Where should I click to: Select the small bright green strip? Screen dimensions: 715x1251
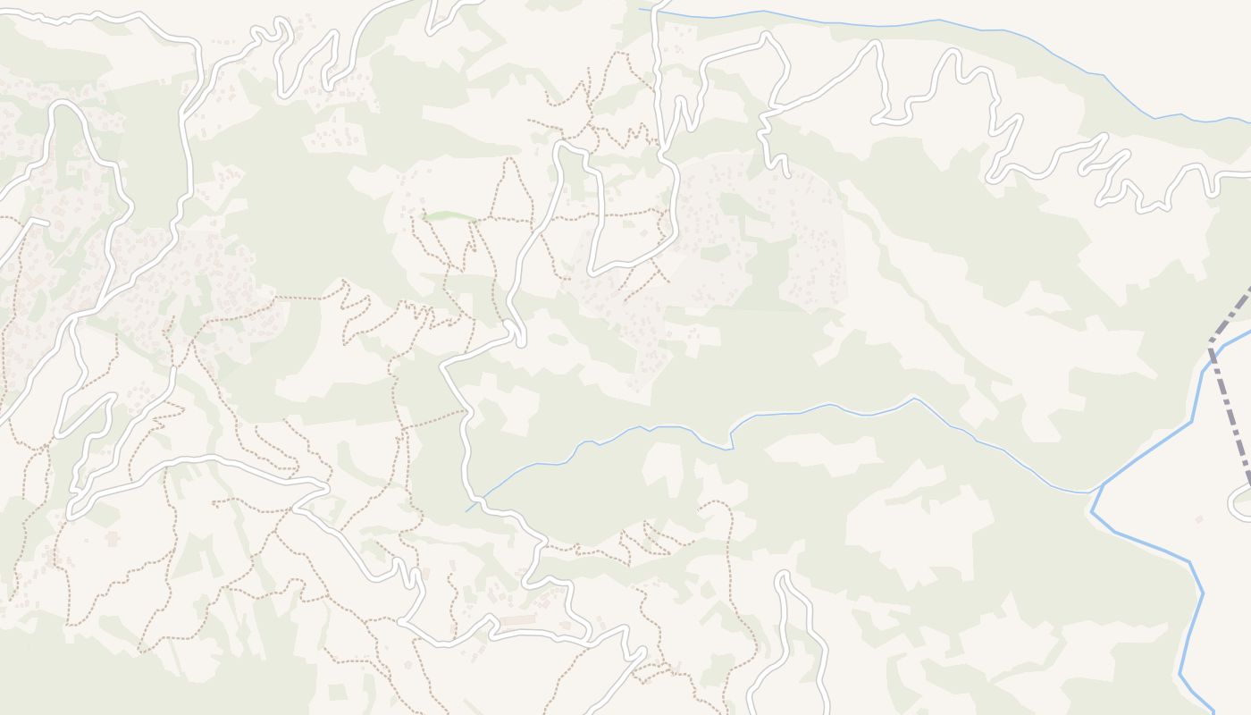coord(449,215)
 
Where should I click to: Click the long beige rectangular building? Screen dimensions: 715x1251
coord(518,619)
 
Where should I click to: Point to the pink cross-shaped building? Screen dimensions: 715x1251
coord(112,538)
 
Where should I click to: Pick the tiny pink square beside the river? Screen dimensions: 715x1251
coord(1199,519)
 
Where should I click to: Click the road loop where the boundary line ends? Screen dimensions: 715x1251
coord(1242,504)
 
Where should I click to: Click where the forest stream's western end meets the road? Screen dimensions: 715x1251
coord(467,509)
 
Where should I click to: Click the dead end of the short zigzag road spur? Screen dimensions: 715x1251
coord(785,172)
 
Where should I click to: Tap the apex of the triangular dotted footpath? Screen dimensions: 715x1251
coord(509,160)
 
